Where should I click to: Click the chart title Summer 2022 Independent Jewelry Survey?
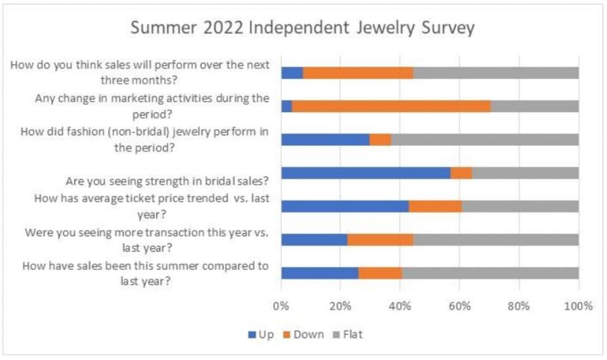click(302, 29)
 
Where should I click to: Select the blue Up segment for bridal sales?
click(366, 173)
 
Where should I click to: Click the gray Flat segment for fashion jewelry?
click(485, 139)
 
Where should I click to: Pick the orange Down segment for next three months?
click(358, 73)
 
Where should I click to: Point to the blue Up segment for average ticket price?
click(345, 206)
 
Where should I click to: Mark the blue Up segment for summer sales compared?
click(320, 273)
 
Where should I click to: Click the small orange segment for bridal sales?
click(461, 173)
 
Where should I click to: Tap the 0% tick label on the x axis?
click(281, 306)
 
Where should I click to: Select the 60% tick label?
click(460, 306)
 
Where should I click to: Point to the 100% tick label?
click(578, 306)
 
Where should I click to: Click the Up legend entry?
click(260, 334)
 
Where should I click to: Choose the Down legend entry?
click(303, 334)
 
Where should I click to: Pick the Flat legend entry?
click(348, 334)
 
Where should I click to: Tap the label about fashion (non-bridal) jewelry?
click(145, 139)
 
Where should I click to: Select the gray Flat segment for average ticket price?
click(520, 206)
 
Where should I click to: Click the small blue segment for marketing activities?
click(286, 106)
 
